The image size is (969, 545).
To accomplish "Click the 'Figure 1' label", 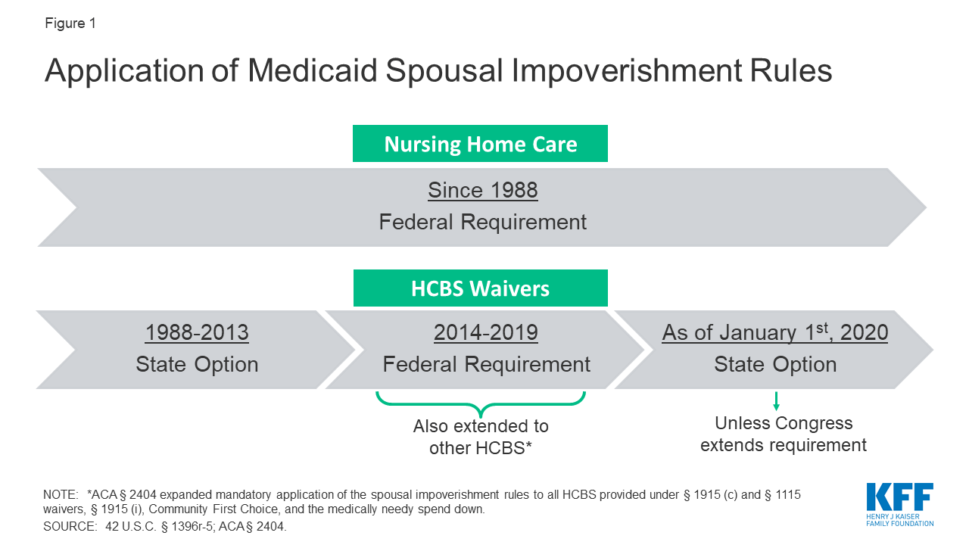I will click(x=70, y=23).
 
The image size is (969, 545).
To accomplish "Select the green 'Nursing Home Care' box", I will click(x=480, y=144).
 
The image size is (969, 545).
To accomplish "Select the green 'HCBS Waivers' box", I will click(x=480, y=288).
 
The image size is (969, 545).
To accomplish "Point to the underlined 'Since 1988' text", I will click(x=482, y=190).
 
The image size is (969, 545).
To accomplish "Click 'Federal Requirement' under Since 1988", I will click(x=482, y=223).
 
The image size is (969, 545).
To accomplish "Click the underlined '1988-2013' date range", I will click(x=197, y=332).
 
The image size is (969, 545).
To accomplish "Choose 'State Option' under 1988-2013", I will click(x=197, y=365).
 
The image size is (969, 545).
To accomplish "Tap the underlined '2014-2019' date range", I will click(x=486, y=332).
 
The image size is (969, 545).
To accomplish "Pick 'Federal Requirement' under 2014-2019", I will click(x=486, y=365).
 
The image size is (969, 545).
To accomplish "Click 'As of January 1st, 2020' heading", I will click(x=774, y=332).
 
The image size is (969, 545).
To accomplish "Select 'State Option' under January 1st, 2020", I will click(x=774, y=365).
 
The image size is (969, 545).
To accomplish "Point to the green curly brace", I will click(x=481, y=401).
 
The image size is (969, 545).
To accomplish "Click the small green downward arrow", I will click(x=776, y=401).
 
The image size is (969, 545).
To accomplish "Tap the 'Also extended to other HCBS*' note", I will click(x=481, y=437).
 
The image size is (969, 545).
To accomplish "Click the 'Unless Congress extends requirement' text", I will click(x=784, y=434).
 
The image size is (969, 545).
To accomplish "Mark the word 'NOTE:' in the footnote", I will click(x=61, y=494).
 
